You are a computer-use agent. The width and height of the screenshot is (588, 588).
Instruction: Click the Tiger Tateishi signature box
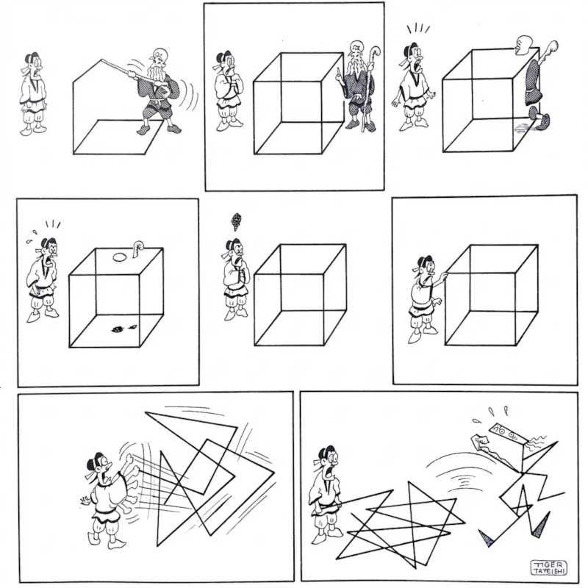click(548, 567)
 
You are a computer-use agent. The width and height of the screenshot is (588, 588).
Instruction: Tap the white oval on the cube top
click(119, 257)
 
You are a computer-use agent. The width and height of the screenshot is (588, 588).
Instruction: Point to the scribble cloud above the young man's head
click(236, 221)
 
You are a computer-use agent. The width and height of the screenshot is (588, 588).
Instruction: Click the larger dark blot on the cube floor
click(118, 329)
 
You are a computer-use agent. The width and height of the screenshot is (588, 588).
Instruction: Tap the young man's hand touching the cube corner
click(444, 276)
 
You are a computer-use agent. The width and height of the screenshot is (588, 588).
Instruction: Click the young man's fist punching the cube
click(130, 460)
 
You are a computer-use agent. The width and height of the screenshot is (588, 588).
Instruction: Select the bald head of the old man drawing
click(159, 54)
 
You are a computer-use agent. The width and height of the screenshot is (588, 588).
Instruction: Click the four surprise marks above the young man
click(418, 29)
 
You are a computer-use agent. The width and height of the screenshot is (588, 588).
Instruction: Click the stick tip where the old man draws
click(102, 60)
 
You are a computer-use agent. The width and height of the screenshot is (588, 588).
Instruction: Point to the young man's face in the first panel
click(34, 65)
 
